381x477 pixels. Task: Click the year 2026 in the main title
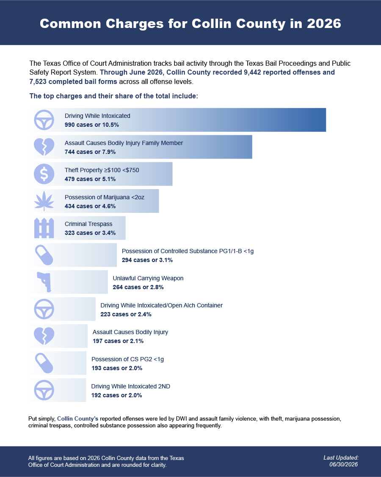pos(324,23)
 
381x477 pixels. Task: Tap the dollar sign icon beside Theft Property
pos(44,174)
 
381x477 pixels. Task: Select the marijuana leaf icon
pos(44,201)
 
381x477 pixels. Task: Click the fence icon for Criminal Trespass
pos(44,228)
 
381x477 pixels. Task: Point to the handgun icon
pos(44,282)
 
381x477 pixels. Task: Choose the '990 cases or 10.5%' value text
pos(92,125)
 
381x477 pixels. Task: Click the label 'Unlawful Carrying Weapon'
pos(148,278)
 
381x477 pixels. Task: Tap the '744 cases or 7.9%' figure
pos(90,152)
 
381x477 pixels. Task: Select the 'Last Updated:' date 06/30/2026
pos(344,465)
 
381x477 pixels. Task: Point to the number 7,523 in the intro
pos(38,82)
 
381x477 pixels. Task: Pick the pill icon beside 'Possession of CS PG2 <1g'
pos(44,363)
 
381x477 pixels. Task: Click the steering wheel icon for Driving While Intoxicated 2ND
pos(44,391)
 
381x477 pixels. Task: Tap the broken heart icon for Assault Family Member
pos(44,147)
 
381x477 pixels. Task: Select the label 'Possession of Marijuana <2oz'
pos(105,197)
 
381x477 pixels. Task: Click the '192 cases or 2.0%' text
pos(117,395)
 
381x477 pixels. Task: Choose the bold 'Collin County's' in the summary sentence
pos(78,419)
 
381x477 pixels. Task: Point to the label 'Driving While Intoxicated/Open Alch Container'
pos(162,305)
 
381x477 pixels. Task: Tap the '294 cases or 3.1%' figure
pos(147,260)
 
